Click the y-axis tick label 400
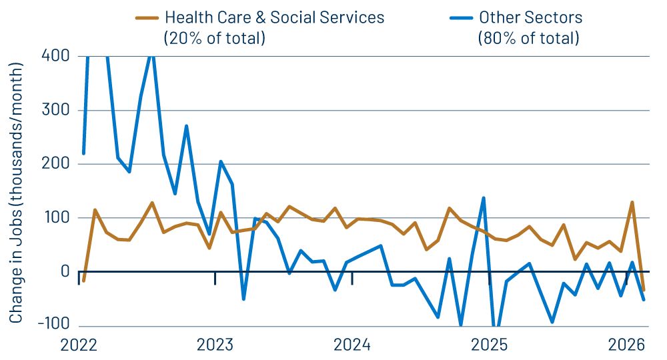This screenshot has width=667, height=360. [55, 55]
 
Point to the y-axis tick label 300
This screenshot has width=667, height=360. [55, 110]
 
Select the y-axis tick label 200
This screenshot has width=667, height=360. [55, 164]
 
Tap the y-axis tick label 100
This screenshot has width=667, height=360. [56, 218]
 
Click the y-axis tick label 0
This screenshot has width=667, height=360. [65, 272]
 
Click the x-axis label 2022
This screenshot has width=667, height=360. [79, 345]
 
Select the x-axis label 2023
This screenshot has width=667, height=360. [215, 345]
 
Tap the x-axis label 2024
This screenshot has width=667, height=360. [352, 345]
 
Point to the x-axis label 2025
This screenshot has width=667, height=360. [489, 345]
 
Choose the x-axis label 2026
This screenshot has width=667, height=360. [626, 345]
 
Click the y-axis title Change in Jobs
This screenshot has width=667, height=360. [16, 193]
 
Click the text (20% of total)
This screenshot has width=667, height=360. [214, 38]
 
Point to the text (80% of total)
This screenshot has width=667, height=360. [528, 38]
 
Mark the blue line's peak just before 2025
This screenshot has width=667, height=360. [484, 198]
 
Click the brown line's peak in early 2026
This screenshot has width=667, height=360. [632, 202]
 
